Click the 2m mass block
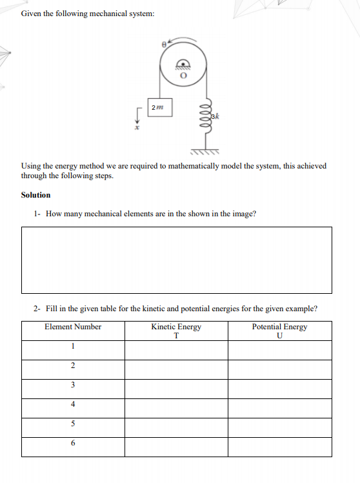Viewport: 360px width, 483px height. [157, 107]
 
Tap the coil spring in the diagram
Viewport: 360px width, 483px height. [206, 120]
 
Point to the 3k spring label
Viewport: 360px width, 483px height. [216, 116]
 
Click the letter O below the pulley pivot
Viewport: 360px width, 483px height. [183, 75]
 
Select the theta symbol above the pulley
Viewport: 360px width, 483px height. [165, 45]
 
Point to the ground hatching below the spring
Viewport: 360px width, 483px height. [205, 152]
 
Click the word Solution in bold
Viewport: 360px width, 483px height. [35, 195]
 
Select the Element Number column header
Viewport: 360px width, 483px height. [73, 327]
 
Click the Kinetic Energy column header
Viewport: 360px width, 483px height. [176, 327]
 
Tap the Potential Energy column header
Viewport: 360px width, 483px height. [279, 327]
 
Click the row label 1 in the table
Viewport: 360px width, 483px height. [73, 347]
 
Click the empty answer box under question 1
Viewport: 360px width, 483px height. [176, 259]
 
